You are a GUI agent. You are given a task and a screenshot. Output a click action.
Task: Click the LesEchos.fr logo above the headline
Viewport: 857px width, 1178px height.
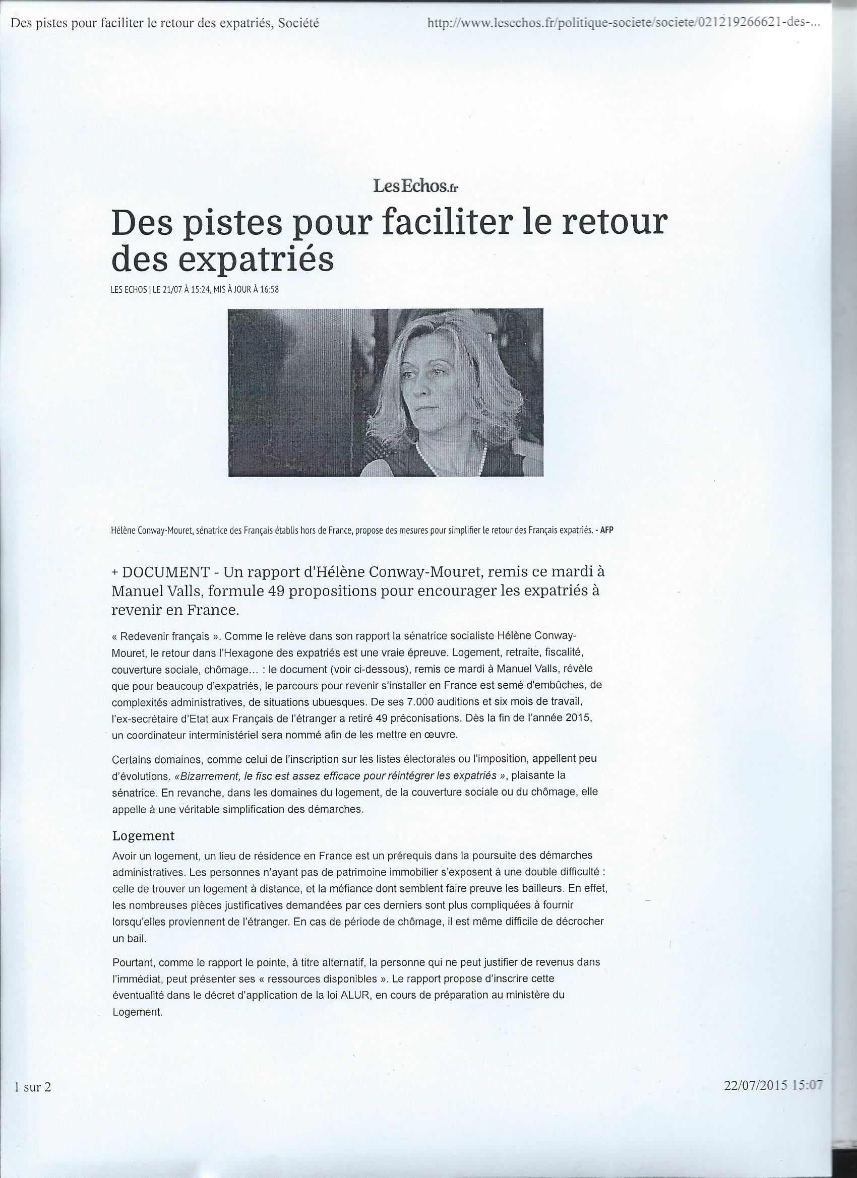pos(415,185)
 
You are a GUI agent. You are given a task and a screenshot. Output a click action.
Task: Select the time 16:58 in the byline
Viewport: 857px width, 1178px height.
pos(270,290)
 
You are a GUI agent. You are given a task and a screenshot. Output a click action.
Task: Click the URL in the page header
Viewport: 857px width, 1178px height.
pos(623,23)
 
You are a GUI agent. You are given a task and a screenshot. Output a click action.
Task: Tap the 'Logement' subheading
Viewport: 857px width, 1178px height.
pos(144,835)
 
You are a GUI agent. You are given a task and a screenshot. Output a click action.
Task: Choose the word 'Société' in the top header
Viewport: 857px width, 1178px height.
pos(298,23)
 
